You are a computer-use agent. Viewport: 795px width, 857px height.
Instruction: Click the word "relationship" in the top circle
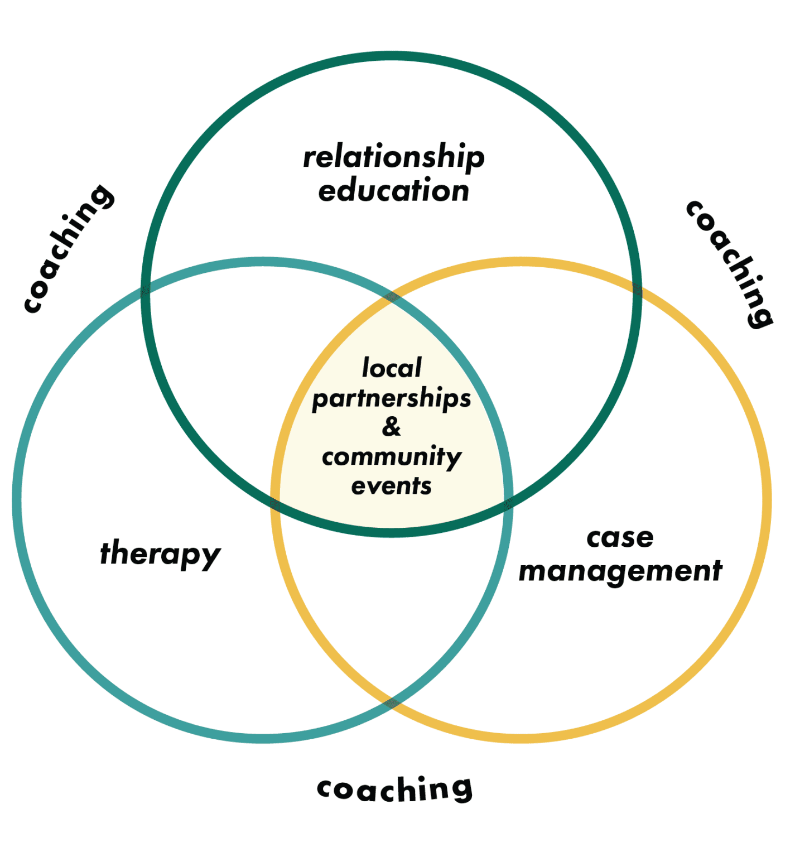[394, 157]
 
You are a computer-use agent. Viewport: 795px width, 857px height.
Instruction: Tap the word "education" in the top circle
[394, 191]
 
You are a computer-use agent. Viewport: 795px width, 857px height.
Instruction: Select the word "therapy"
[160, 553]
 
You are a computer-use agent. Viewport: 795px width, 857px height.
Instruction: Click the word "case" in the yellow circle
[620, 538]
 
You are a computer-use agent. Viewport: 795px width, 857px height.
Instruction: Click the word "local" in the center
[392, 368]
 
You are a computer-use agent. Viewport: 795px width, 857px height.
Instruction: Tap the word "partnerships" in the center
[392, 398]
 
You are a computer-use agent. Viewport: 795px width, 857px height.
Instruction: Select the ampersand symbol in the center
[392, 427]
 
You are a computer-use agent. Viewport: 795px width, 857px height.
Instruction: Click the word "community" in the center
[392, 457]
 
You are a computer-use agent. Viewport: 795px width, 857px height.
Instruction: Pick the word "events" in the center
[392, 487]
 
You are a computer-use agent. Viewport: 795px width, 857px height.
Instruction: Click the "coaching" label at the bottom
[394, 789]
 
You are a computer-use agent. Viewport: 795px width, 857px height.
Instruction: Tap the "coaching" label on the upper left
[69, 249]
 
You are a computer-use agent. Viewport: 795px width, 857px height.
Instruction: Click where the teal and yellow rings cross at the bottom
[392, 702]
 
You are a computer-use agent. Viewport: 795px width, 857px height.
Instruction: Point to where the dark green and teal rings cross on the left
[146, 290]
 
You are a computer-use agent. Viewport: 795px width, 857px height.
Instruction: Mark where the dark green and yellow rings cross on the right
[637, 290]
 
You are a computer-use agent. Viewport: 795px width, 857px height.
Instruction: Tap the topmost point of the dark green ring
[392, 56]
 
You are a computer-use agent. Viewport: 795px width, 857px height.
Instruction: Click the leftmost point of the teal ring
[17, 500]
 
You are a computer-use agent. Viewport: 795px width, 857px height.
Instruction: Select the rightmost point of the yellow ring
[767, 500]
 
